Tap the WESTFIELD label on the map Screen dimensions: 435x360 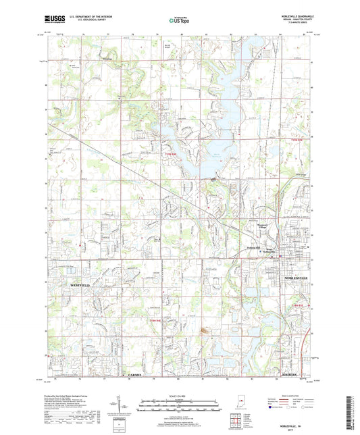(80, 286)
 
